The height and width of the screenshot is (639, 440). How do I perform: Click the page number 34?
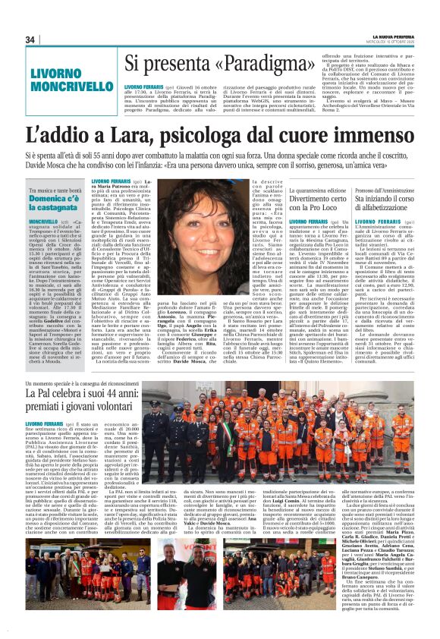[x=30, y=40]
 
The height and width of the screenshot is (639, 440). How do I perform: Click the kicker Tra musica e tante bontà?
[x=55, y=187]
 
